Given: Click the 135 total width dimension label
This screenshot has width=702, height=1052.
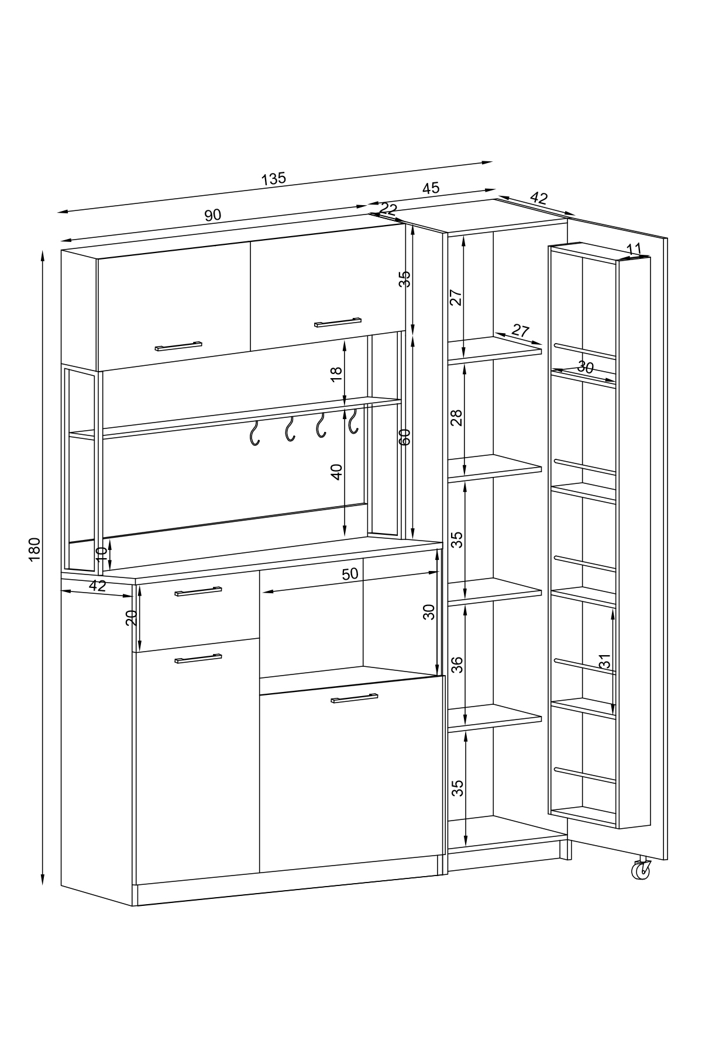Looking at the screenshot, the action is tap(273, 179).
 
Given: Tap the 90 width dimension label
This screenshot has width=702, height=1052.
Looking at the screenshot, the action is tap(213, 215).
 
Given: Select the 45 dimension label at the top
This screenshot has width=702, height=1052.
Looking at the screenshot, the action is tap(431, 188).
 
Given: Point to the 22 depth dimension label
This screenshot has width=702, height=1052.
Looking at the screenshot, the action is tap(388, 209).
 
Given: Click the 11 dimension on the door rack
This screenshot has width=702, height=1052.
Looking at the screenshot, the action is tap(634, 249).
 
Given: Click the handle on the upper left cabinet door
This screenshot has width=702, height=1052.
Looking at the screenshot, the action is tap(178, 345).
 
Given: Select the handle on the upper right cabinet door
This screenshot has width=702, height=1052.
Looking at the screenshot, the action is tap(338, 321).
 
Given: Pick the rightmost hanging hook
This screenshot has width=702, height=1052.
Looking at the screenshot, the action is tap(352, 421).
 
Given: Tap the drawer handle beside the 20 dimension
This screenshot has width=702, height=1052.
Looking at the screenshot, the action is tap(198, 591).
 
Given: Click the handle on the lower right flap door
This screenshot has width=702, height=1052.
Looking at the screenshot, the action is tap(355, 698).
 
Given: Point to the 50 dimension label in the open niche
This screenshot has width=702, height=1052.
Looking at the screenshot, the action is tap(349, 574).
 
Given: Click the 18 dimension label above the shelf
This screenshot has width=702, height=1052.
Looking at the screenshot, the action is tap(336, 375).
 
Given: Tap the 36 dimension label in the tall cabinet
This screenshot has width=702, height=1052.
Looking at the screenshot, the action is tap(457, 664).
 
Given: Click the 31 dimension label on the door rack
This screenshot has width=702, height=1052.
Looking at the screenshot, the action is tap(605, 661).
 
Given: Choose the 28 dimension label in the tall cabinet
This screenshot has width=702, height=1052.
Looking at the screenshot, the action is tap(457, 417).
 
